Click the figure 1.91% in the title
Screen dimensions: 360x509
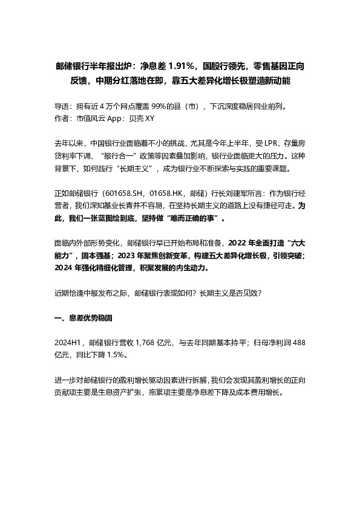tap(180, 65)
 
